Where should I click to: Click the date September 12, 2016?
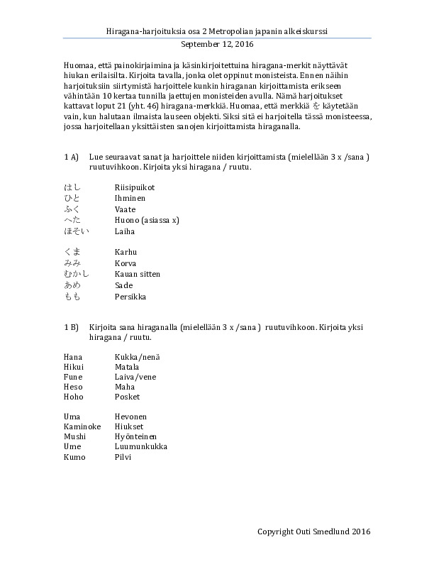point(217,43)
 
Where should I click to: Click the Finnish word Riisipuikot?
point(135,187)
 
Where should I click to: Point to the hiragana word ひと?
point(72,198)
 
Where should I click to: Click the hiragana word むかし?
point(77,274)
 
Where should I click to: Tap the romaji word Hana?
point(73,355)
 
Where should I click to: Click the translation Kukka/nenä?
point(137,355)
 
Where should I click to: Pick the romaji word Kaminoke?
point(82,426)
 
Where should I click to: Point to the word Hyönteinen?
point(136,436)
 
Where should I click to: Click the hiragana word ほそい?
point(77,231)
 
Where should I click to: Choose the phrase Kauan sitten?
point(138,274)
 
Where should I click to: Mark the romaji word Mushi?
point(74,436)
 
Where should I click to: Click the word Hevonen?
point(130,416)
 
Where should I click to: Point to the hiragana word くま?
point(72,252)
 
